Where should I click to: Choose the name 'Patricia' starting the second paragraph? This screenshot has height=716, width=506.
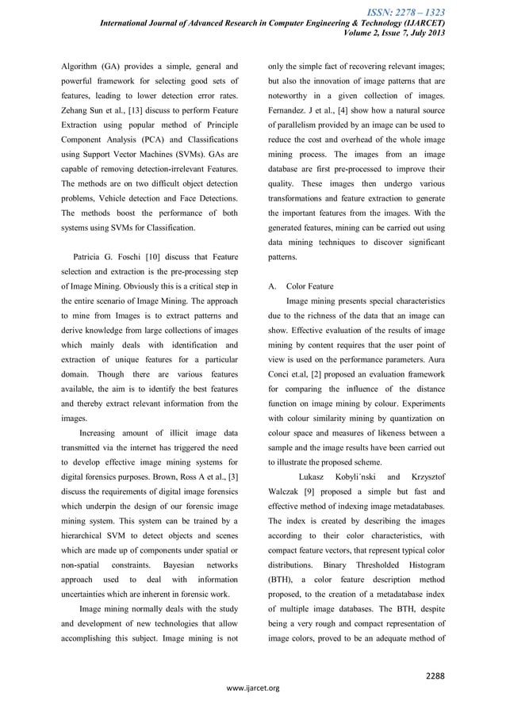tap(91, 257)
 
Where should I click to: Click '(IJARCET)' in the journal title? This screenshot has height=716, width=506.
tap(422, 23)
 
